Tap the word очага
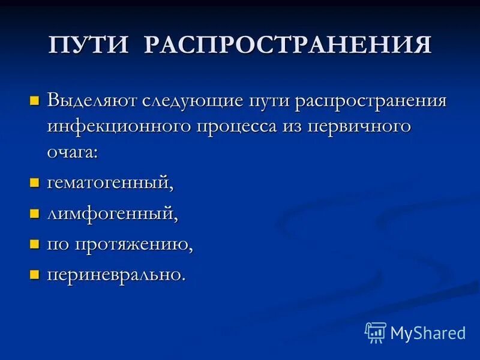tap(71, 153)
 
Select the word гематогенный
tap(110, 182)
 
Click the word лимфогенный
tap(112, 213)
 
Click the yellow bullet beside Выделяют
tap(34, 99)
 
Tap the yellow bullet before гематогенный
tap(34, 182)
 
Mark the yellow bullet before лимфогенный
tap(34, 213)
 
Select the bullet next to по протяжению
tap(34, 244)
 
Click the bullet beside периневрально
tap(34, 275)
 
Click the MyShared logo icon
tap(375, 332)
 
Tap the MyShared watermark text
tap(428, 333)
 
